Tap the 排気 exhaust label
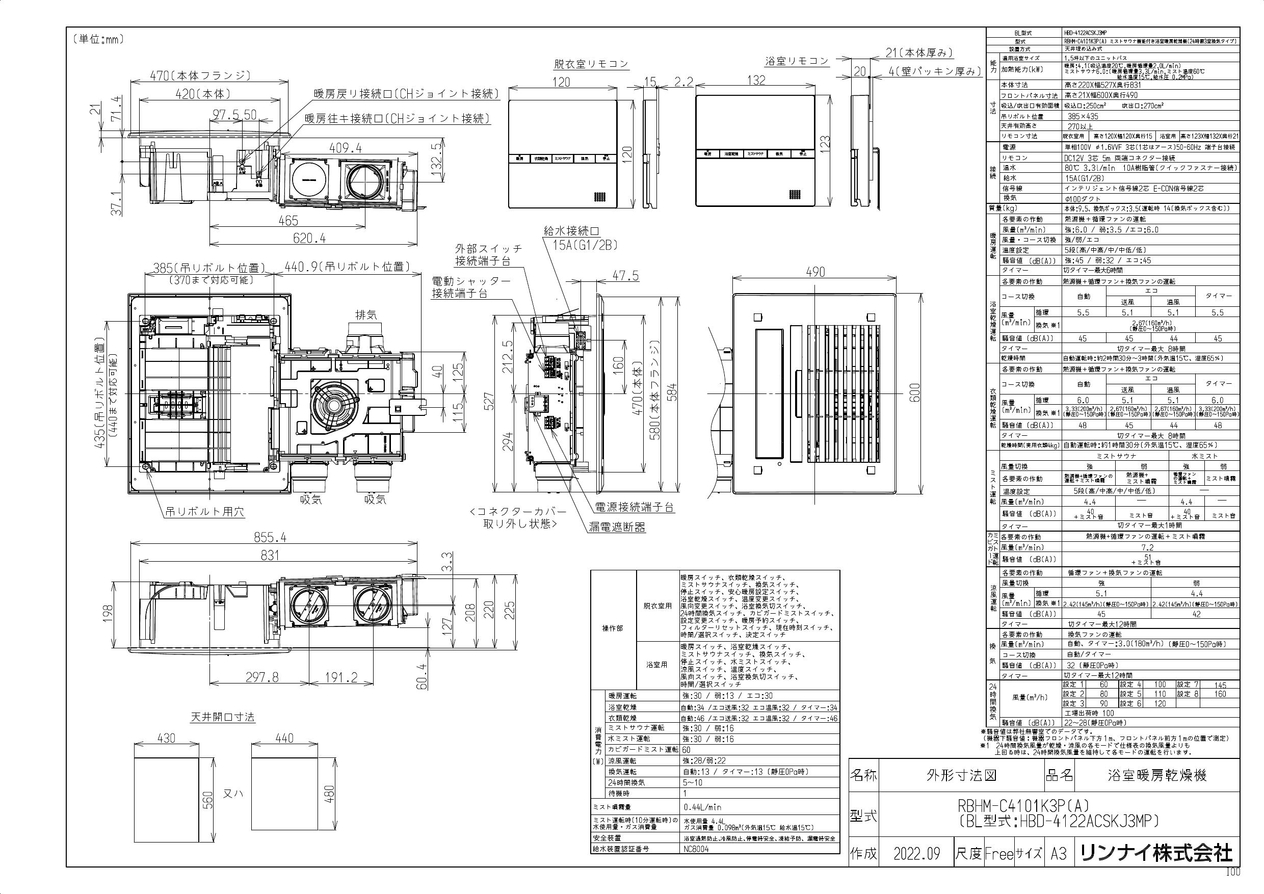pyautogui.click(x=366, y=315)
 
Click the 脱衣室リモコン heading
pyautogui.click(x=591, y=64)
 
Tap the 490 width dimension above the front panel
pyautogui.click(x=815, y=272)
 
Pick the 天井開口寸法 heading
pyautogui.click(x=222, y=717)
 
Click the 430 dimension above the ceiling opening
pyautogui.click(x=166, y=738)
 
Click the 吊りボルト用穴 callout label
pyautogui.click(x=205, y=511)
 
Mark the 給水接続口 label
pyautogui.click(x=571, y=231)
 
